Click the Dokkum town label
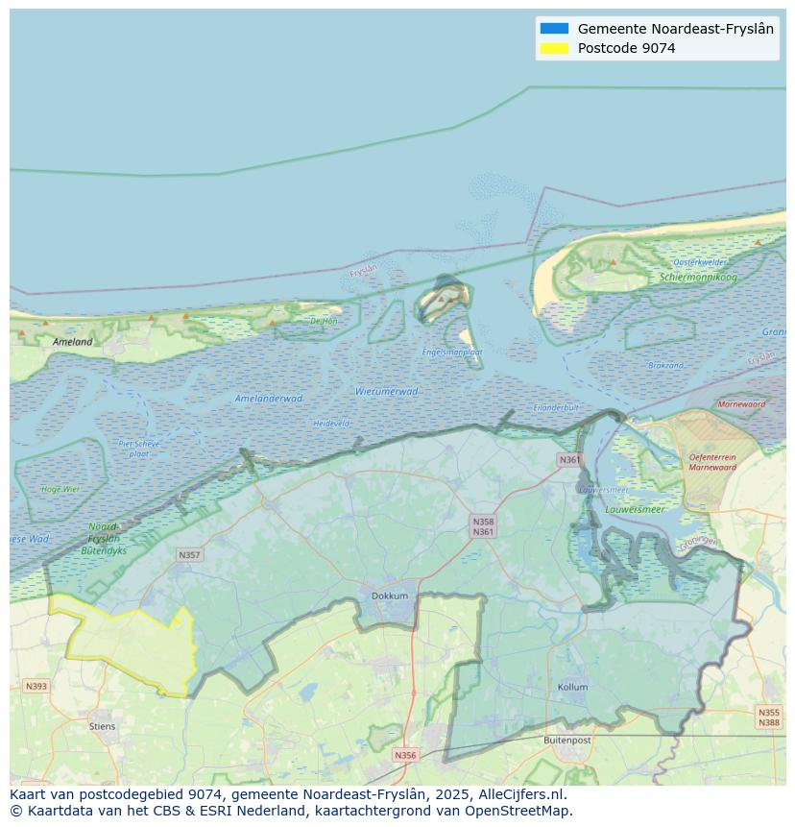[390, 596]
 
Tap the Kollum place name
[572, 688]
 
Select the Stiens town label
[102, 726]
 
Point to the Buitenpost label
[567, 741]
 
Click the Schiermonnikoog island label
[698, 278]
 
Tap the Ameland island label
[73, 342]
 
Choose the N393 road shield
[36, 686]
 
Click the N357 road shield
[189, 555]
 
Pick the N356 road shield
[405, 755]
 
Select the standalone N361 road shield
[569, 460]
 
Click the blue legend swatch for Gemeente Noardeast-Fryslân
[554, 29]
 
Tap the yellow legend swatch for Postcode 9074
[554, 48]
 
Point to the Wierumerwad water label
[386, 392]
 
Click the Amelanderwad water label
[269, 399]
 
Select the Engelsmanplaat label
[452, 353]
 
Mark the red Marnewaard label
[742, 404]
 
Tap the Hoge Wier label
[60, 489]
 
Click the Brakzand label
[665, 366]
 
